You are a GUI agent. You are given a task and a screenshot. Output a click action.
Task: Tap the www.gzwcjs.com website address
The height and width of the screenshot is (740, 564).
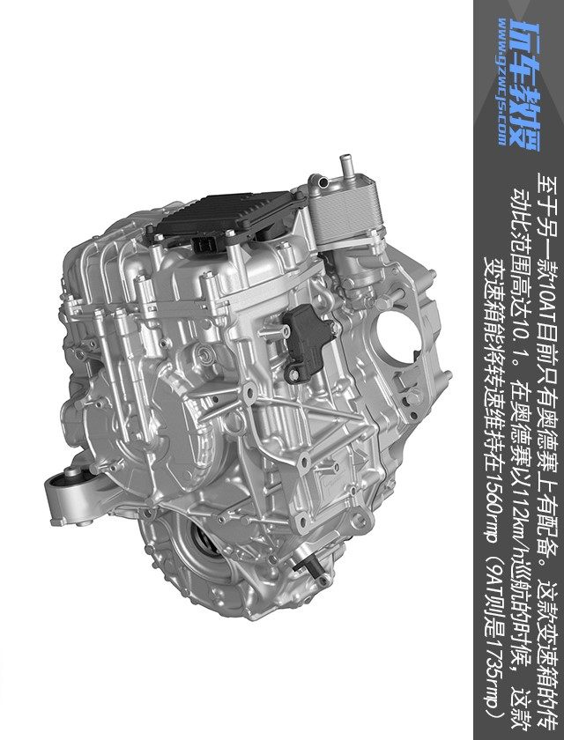click(502, 82)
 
